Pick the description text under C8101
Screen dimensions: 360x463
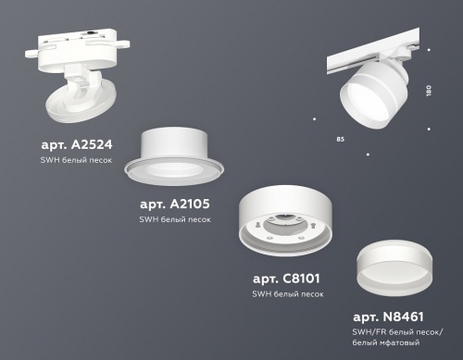coord(288,293)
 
